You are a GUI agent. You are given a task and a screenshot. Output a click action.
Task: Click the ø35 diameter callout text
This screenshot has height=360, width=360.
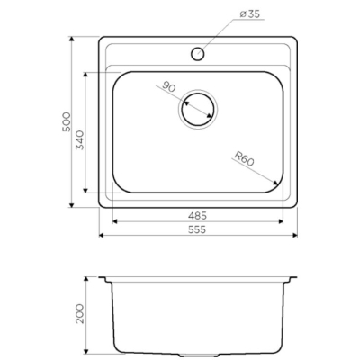point(250,14)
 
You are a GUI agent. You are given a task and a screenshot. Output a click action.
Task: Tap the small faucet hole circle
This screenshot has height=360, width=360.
point(198,54)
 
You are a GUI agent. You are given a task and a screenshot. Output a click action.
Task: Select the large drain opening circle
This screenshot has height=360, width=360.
point(198,109)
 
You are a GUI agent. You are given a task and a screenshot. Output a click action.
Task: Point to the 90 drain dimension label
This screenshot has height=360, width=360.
point(168,86)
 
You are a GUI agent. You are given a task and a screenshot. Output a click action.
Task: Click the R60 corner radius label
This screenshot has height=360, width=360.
point(245,158)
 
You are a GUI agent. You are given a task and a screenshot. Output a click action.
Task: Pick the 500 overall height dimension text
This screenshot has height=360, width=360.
point(67,121)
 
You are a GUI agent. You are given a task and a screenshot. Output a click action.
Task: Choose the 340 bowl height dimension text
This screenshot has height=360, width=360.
point(80,139)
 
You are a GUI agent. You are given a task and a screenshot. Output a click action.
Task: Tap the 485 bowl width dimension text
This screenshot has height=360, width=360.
point(197,215)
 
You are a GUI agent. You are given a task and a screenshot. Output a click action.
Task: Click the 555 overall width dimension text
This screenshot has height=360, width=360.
point(197,229)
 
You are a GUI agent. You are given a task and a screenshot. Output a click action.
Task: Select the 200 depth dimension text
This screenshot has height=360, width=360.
point(80,313)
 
